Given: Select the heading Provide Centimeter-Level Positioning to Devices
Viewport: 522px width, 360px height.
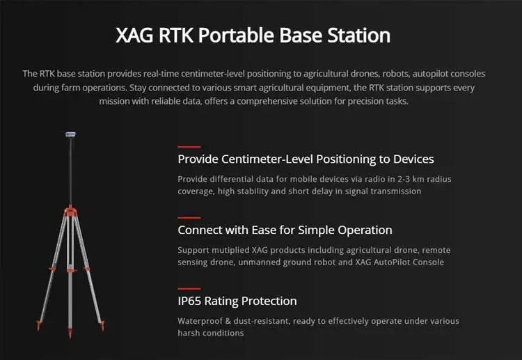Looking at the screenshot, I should [306, 159].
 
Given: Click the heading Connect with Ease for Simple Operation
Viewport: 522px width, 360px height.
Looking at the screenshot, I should [285, 230].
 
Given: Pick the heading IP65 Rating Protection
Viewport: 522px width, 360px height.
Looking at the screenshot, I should [237, 301].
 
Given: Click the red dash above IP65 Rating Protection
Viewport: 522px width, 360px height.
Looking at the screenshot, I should [189, 288].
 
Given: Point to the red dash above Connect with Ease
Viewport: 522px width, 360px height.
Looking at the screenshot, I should [189, 218].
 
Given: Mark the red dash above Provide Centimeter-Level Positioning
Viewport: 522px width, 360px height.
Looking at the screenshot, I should [189, 147].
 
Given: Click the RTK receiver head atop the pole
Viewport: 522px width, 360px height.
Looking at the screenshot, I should [70, 134].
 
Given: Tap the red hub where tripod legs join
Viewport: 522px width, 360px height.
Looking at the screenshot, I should [70, 209].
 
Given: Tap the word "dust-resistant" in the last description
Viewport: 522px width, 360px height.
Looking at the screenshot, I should [268, 321].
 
